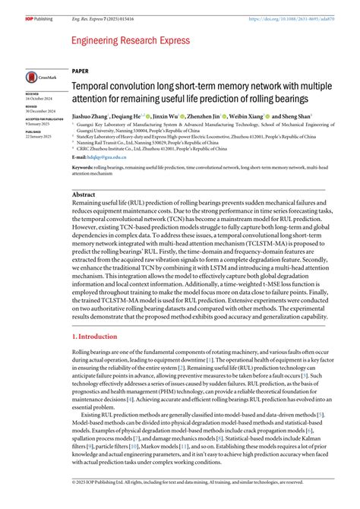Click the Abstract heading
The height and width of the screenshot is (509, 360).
point(83,194)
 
